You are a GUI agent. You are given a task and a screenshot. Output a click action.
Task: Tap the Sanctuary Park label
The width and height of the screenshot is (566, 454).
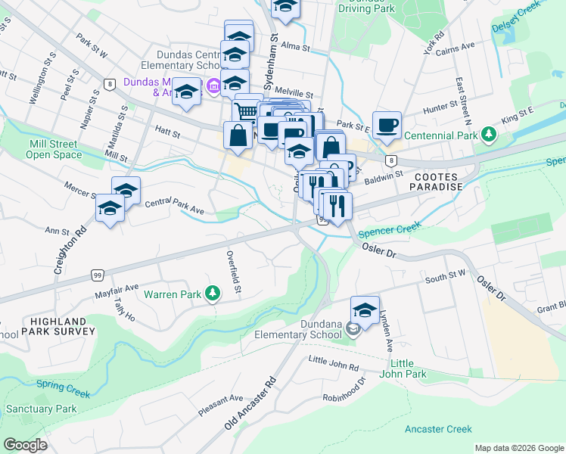pyautogui.click(x=41, y=409)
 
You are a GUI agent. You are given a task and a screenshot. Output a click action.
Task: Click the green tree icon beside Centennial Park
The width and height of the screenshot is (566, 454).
pyautogui.click(x=490, y=135)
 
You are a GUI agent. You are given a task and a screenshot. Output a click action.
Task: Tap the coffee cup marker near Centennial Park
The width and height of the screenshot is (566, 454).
pyautogui.click(x=387, y=125)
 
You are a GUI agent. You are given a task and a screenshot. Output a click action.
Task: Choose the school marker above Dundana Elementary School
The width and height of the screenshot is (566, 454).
pyautogui.click(x=365, y=310)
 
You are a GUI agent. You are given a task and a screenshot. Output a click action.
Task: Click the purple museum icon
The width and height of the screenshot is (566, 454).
pyautogui.click(x=213, y=87)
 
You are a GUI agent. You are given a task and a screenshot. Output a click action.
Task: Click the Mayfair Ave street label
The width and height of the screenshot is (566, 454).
pyautogui.click(x=117, y=289)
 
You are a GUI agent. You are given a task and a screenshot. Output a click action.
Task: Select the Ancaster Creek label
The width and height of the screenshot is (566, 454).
pyautogui.click(x=438, y=429)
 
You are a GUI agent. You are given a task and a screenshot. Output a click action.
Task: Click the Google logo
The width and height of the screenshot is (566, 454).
pyautogui.click(x=26, y=445)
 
